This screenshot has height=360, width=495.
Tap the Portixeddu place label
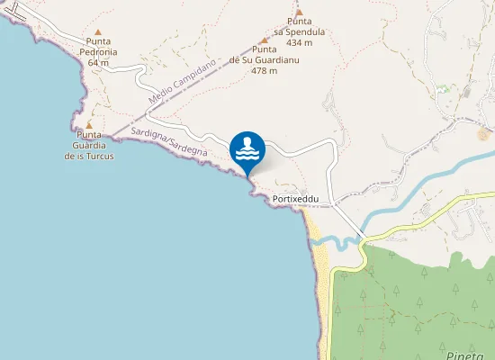[296, 199]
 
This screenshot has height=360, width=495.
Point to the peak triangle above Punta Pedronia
[99, 31]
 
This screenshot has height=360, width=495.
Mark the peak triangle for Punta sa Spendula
[299, 13]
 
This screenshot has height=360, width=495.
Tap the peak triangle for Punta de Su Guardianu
[264, 40]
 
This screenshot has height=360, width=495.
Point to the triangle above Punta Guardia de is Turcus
[88, 125]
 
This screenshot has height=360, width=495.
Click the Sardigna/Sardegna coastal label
[169, 142]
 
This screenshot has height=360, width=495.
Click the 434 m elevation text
[299, 42]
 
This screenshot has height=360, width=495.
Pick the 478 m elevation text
[264, 71]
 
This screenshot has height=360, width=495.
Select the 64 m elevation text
[99, 63]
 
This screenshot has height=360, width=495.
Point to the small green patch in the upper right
[442, 90]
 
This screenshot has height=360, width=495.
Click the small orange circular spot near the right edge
[484, 134]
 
